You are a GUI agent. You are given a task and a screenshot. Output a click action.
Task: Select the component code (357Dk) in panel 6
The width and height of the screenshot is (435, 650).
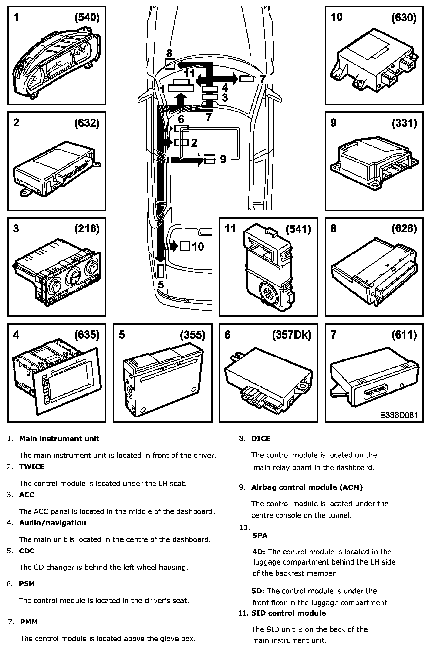pyautogui.click(x=291, y=335)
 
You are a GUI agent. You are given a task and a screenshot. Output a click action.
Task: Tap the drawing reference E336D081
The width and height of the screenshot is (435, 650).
pyautogui.click(x=399, y=415)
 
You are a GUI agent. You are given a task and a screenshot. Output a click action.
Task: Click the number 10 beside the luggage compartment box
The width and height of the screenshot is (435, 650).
pyautogui.click(x=198, y=247)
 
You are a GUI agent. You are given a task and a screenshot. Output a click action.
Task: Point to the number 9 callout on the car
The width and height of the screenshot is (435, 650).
pyautogui.click(x=223, y=159)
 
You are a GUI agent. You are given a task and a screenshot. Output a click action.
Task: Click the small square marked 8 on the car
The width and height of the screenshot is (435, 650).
pyautogui.click(x=170, y=64)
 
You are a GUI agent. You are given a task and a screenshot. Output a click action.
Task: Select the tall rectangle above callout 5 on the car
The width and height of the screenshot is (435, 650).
pyautogui.click(x=161, y=271)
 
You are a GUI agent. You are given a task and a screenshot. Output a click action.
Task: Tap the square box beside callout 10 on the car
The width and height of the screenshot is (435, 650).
pyautogui.click(x=185, y=246)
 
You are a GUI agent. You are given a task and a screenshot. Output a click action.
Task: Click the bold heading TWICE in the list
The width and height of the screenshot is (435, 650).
pyautogui.click(x=31, y=467)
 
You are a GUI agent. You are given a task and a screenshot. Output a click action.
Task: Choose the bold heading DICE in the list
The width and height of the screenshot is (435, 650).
pyautogui.click(x=261, y=438)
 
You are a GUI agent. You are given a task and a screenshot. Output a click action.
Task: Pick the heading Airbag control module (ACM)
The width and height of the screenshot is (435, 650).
pyautogui.click(x=307, y=487)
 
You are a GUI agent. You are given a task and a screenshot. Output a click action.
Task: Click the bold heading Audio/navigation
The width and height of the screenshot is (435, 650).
pyautogui.click(x=52, y=523)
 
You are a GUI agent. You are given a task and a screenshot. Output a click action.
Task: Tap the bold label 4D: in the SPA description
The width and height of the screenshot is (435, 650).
pyautogui.click(x=259, y=552)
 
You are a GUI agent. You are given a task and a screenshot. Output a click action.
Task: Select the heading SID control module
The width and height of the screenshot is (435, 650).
pyautogui.click(x=288, y=613)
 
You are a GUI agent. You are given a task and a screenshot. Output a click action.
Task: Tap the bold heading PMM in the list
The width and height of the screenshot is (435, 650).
pyautogui.click(x=29, y=622)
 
